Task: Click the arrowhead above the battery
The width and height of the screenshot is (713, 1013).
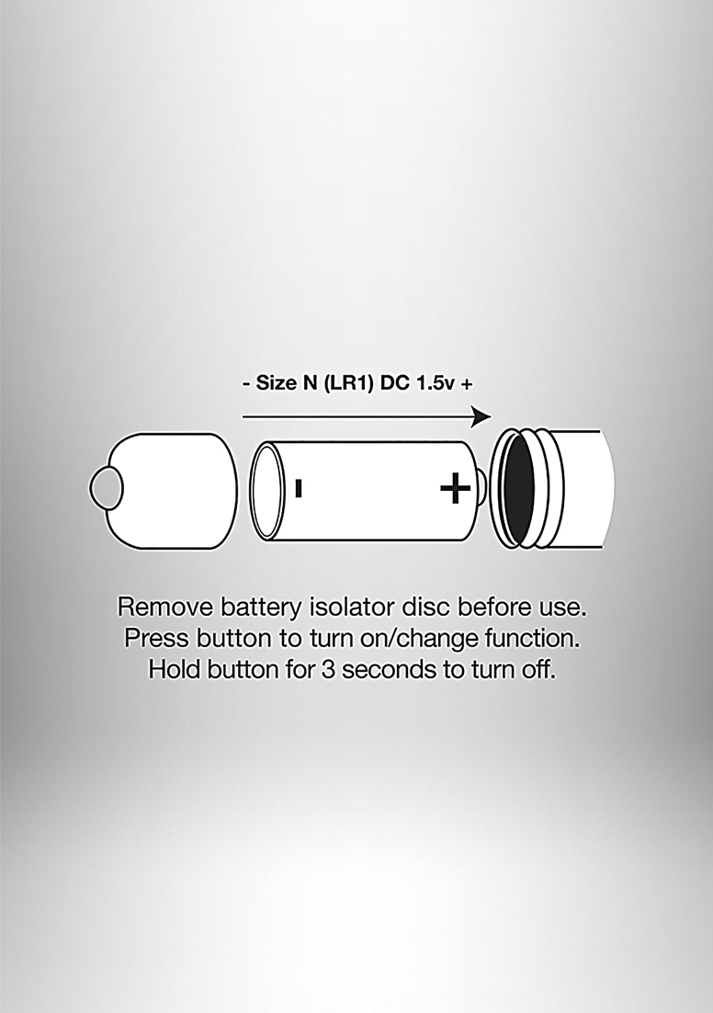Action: [x=481, y=416]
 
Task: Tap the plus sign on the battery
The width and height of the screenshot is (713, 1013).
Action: [x=456, y=488]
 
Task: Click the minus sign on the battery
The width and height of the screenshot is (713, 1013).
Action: [x=299, y=488]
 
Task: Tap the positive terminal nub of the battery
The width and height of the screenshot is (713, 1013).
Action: [x=482, y=488]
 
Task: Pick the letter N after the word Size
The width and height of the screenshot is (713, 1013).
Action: [x=310, y=383]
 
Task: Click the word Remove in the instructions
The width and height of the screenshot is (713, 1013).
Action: [x=166, y=608]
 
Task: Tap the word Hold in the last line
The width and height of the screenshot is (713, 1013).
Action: [x=175, y=669]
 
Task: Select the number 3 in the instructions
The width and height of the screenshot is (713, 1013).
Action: [x=328, y=670]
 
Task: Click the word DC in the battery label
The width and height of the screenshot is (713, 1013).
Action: [x=393, y=383]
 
